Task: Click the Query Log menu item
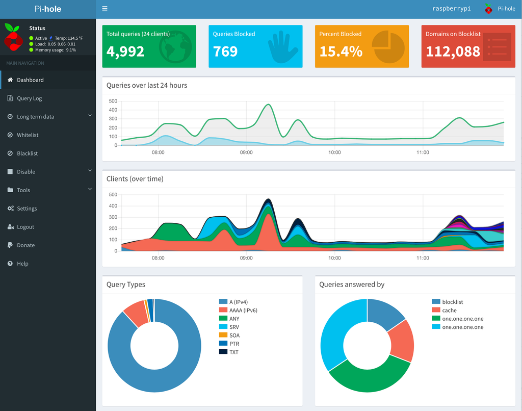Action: (x=29, y=98)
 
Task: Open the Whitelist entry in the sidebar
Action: (x=28, y=135)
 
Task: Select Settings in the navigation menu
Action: (x=27, y=209)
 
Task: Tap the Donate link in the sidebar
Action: (x=25, y=245)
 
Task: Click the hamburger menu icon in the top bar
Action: (x=105, y=8)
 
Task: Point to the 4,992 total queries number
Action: (x=125, y=52)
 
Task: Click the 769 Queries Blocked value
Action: (x=225, y=52)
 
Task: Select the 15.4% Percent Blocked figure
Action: (x=341, y=52)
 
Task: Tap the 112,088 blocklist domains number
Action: (x=453, y=52)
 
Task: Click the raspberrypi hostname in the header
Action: (x=452, y=9)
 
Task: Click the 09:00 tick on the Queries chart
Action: (x=246, y=152)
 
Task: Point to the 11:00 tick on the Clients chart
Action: (x=423, y=258)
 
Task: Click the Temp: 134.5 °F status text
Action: (x=69, y=38)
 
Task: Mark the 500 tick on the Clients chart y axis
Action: (x=113, y=194)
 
